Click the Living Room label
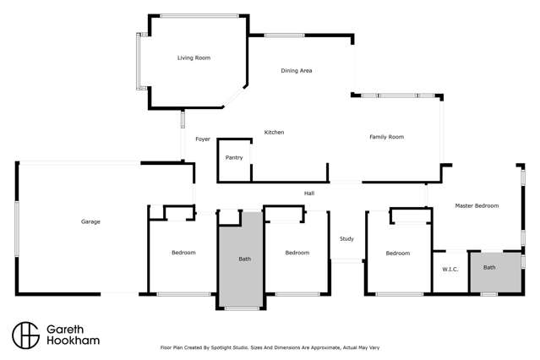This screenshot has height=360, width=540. [194, 58]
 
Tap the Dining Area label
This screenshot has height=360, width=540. [297, 71]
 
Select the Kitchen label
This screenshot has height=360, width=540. [274, 133]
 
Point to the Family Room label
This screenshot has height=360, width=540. [386, 137]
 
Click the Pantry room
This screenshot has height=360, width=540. [234, 158]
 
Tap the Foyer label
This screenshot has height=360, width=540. [203, 139]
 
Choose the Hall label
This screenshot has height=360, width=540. [309, 194]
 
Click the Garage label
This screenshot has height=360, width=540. [90, 222]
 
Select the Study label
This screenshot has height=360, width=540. [346, 239]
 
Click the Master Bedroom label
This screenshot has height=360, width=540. [477, 206]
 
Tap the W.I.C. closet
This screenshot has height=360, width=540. [450, 270]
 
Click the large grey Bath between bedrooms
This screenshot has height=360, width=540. [244, 259]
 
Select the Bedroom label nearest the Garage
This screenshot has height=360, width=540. [183, 254]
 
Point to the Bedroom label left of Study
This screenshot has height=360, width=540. [297, 254]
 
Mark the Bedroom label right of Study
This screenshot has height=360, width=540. [397, 254]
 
